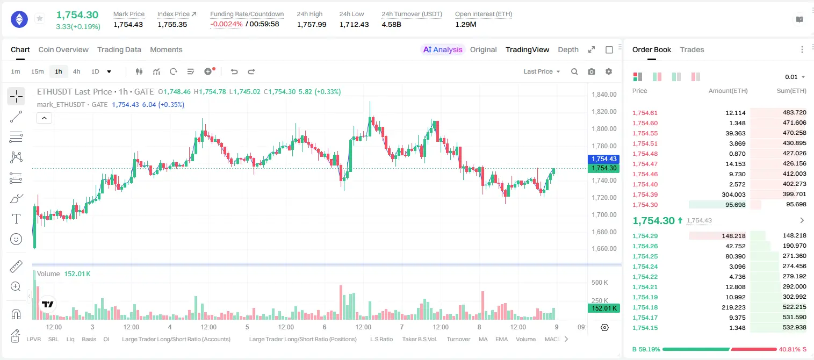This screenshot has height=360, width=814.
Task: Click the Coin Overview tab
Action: [63, 49]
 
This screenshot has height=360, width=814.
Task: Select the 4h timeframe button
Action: [76, 71]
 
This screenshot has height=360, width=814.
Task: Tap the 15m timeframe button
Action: [37, 71]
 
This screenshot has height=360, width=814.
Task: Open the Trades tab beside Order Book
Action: [692, 49]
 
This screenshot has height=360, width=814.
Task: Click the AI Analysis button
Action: [443, 49]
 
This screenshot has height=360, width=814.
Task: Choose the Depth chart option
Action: [568, 49]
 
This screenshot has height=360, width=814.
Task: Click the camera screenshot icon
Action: [592, 71]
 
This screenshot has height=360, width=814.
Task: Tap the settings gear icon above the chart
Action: [609, 71]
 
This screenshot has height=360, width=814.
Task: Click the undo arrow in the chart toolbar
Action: [234, 71]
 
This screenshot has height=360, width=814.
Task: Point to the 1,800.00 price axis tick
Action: [604, 128]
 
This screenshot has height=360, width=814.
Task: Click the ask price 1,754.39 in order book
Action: [645, 195]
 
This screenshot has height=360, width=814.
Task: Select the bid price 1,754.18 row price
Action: [645, 307]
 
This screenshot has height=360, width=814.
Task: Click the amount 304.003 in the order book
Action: [733, 195]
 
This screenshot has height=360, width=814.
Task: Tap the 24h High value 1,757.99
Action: [312, 24]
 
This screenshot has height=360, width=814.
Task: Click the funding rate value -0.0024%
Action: [226, 24]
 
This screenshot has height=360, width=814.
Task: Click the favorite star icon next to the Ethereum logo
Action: [40, 18]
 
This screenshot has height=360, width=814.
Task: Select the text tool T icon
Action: [16, 219]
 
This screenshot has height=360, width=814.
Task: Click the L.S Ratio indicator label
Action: [381, 339]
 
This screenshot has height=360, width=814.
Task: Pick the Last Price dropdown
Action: [542, 71]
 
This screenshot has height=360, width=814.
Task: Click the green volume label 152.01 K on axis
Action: [603, 308]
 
